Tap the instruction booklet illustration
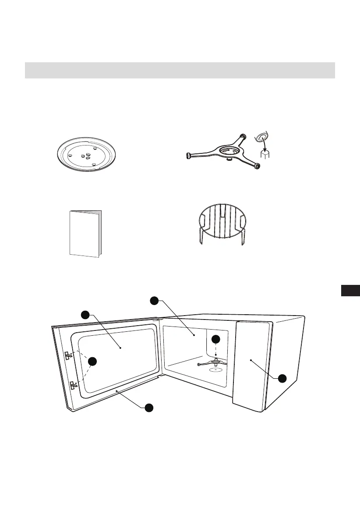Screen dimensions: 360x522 pyautogui.click(x=85, y=233)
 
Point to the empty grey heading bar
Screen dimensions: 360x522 pyautogui.click(x=180, y=70)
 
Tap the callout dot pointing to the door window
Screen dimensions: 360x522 pyautogui.click(x=85, y=315)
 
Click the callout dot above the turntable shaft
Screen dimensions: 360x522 pyautogui.click(x=215, y=339)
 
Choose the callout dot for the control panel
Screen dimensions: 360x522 pyautogui.click(x=282, y=378)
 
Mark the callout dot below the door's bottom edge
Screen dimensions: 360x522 pyautogui.click(x=149, y=407)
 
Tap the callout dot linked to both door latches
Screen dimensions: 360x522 pyautogui.click(x=92, y=362)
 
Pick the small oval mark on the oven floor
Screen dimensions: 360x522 pyautogui.click(x=214, y=369)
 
